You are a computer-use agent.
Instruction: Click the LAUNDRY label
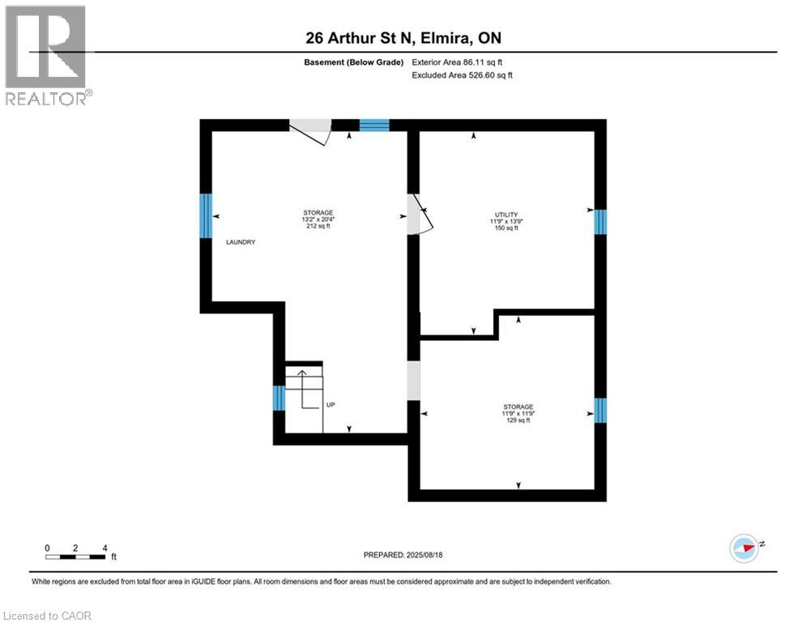pyautogui.click(x=241, y=242)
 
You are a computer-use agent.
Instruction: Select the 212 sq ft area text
pyautogui.click(x=317, y=227)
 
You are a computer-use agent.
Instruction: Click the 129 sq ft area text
pyautogui.click(x=518, y=420)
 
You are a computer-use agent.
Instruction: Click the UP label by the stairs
pyautogui.click(x=331, y=404)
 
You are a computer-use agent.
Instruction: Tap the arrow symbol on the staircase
pyautogui.click(x=301, y=374)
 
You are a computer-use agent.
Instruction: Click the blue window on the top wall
pyautogui.click(x=374, y=125)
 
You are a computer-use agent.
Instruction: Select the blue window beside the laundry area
pyautogui.click(x=206, y=216)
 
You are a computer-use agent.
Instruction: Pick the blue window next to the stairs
pyautogui.click(x=279, y=398)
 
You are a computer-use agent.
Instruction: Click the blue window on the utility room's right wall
pyautogui.click(x=600, y=222)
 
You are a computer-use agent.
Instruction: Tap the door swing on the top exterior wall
pyautogui.click(x=312, y=131)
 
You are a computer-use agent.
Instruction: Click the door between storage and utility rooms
pyautogui.click(x=418, y=215)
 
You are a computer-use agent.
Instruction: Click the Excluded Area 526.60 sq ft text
pyautogui.click(x=463, y=75)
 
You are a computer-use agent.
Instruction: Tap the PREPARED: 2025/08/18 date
pyautogui.click(x=405, y=555)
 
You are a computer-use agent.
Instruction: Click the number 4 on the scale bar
pyautogui.click(x=104, y=547)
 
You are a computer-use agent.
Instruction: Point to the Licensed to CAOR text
pyautogui.click(x=49, y=616)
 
